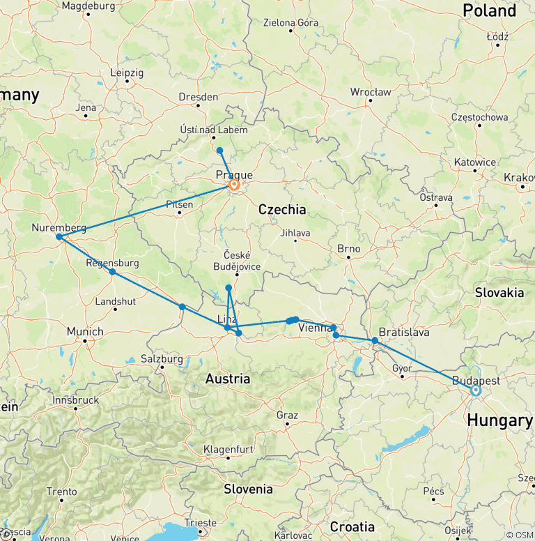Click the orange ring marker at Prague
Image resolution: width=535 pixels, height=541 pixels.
coord(234,185)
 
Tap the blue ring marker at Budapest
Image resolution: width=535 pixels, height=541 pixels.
coord(476,390)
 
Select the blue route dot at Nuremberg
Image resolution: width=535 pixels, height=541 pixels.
coord(59,237)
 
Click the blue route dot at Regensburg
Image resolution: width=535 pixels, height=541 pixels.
coord(112,272)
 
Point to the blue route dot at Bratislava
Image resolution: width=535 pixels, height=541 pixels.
coord(375,341)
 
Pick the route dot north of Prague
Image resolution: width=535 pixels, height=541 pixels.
coord(219,151)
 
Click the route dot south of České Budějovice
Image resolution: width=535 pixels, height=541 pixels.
coord(228,288)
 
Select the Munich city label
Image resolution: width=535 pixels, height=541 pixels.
coord(85,332)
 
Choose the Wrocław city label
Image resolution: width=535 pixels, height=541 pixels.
coord(370,91)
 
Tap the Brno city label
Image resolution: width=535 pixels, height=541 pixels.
coord(348,249)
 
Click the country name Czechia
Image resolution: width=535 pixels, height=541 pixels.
coord(281,209)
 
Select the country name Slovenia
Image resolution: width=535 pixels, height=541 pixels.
coord(248,489)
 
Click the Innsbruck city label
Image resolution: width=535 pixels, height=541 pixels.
coord(76,400)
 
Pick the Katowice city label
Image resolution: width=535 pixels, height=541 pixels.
coord(474,162)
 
